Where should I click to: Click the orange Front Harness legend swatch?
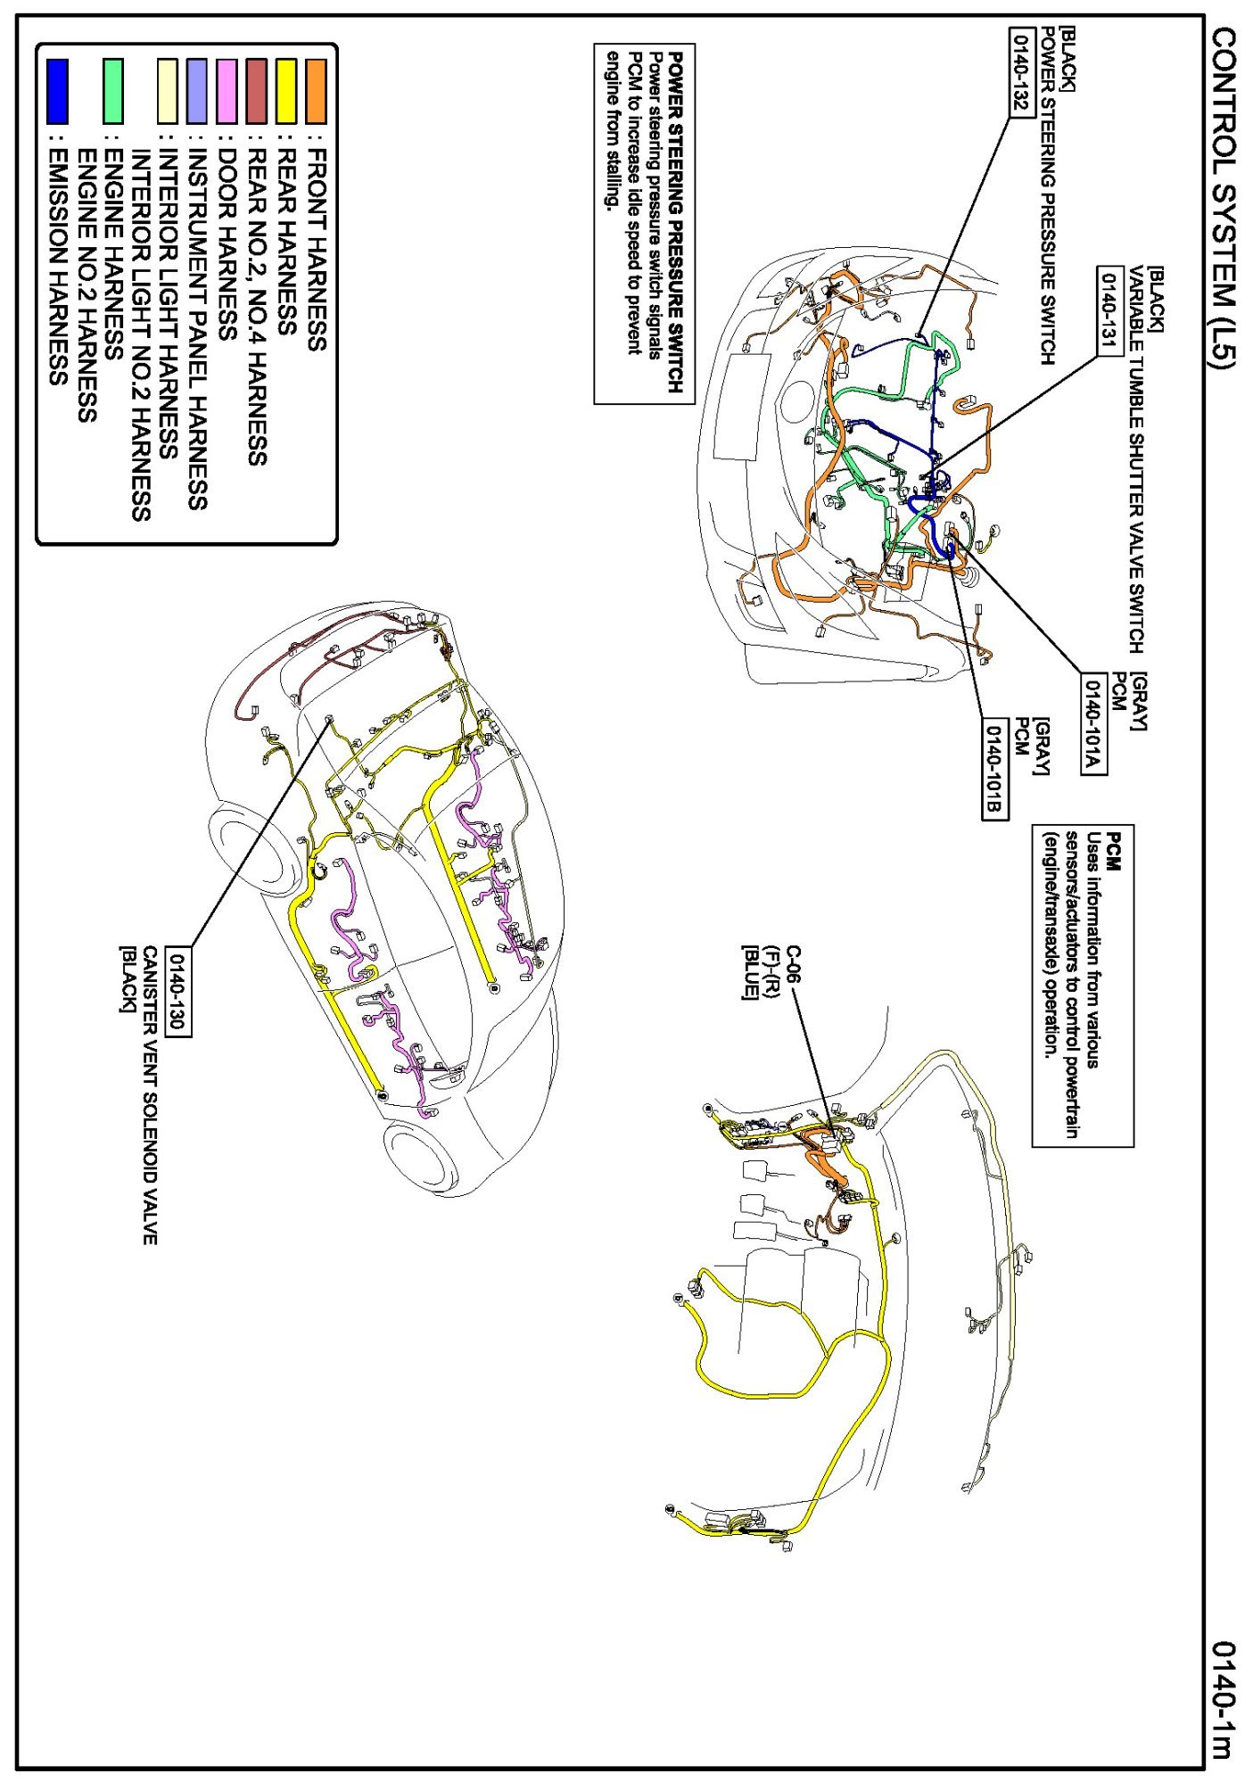tap(316, 91)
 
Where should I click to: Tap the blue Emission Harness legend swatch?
tap(57, 91)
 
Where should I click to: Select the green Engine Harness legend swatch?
tap(112, 91)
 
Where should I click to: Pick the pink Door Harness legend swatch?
tap(227, 91)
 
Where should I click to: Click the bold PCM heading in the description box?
tap(1114, 851)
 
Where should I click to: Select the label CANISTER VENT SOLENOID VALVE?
tap(150, 1095)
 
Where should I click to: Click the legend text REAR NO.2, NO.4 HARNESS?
tap(257, 306)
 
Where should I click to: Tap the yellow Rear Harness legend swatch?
tap(286, 91)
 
